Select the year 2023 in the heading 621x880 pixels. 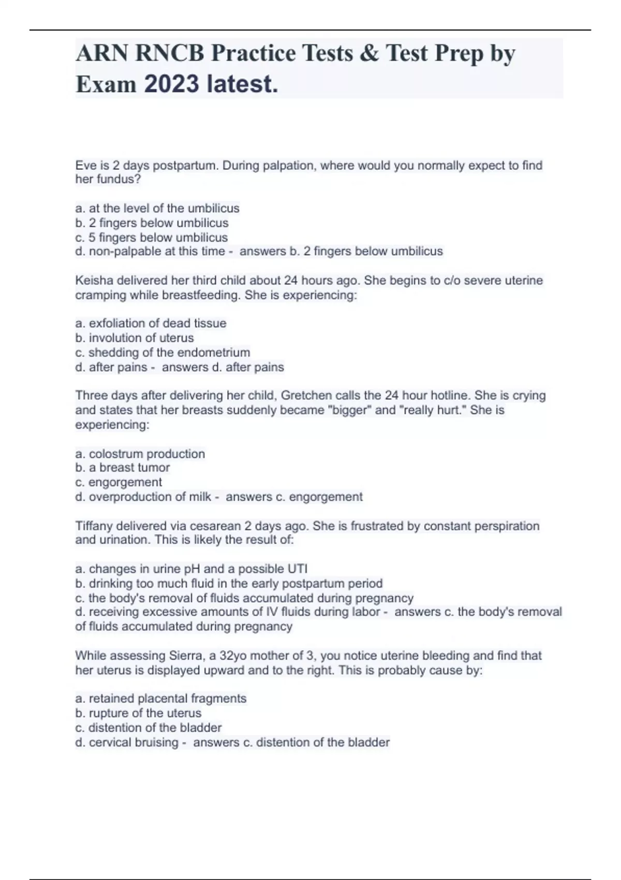click(171, 84)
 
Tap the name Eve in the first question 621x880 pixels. click(85, 166)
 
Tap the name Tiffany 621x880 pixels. click(94, 526)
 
